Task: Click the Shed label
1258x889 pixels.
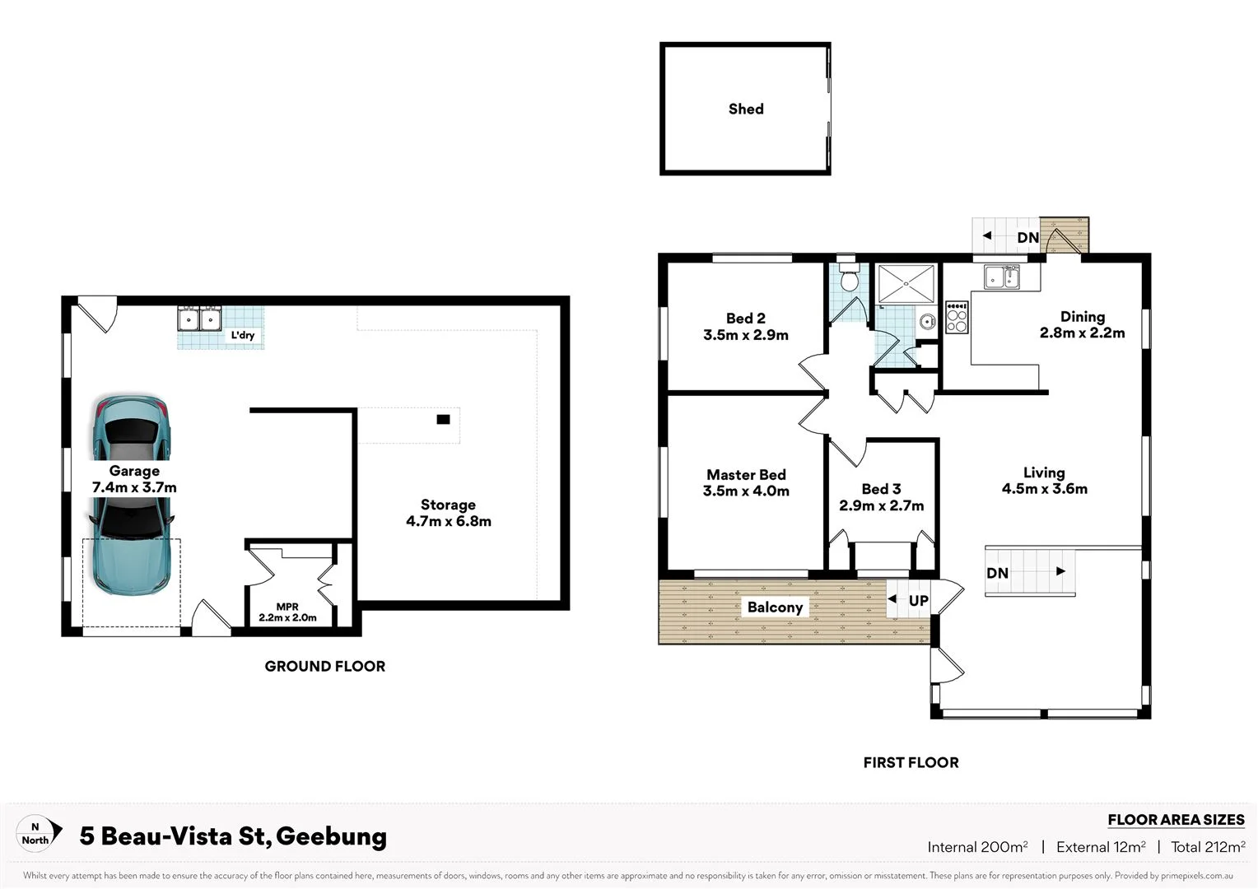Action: [x=746, y=109]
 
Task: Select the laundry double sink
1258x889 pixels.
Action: [x=199, y=318]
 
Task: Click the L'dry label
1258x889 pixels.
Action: [x=243, y=335]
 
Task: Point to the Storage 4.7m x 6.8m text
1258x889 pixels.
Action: [x=448, y=513]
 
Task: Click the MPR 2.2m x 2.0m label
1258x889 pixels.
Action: [x=287, y=612]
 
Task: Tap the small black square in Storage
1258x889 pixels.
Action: [x=443, y=420]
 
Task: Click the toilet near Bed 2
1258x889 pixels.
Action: [x=849, y=277]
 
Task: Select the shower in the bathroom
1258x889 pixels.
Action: [x=906, y=284]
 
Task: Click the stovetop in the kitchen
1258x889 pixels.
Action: [x=957, y=317]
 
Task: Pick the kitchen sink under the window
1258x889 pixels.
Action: [x=1002, y=277]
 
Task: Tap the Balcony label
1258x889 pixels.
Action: [x=775, y=607]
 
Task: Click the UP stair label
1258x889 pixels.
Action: [x=918, y=600]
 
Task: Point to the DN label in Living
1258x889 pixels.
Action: [x=997, y=573]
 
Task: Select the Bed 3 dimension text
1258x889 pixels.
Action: [x=881, y=505]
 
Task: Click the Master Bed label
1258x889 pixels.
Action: [x=746, y=475]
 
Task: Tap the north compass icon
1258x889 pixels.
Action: [x=39, y=833]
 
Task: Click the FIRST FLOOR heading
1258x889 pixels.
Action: [x=911, y=763]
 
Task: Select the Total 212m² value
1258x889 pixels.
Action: [x=1208, y=847]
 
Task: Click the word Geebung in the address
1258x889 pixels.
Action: [x=331, y=836]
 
